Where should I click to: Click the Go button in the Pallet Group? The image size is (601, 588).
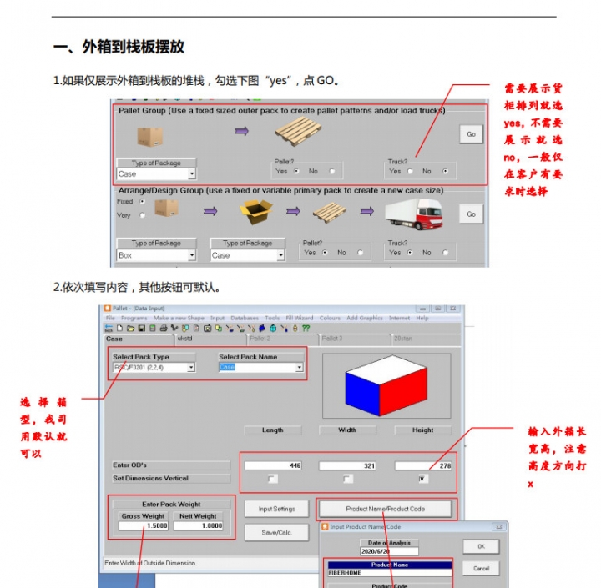[471, 134]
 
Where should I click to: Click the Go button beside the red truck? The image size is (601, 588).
[471, 214]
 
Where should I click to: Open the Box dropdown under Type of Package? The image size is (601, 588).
[156, 255]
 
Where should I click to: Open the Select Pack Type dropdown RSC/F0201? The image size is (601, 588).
[154, 367]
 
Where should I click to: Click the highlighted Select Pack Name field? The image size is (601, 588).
[260, 367]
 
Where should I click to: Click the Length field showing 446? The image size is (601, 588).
[273, 465]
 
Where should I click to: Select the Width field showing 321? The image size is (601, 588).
[347, 465]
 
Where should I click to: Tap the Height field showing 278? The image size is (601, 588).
[422, 465]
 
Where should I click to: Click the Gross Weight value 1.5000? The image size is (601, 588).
[144, 526]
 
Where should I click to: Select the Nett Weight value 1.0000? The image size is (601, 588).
[198, 526]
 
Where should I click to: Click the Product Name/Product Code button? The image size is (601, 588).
[385, 509]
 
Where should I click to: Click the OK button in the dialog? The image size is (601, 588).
[481, 547]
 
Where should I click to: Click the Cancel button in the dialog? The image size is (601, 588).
[481, 569]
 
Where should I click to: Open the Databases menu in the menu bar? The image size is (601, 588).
[245, 318]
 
